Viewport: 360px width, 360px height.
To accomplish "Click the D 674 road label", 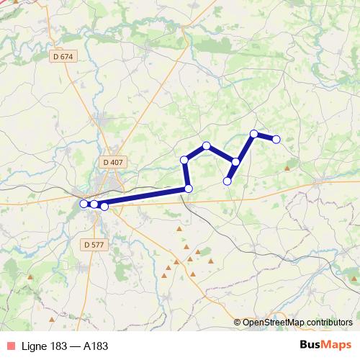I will pos(63,56).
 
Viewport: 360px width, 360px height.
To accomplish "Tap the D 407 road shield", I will pos(113,162).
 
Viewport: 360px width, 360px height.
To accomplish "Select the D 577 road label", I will pos(93,245).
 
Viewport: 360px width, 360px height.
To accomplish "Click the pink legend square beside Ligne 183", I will pos(9,346).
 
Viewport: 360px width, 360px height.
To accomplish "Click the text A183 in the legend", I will pos(94,346).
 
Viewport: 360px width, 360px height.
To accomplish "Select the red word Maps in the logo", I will pos(338,345).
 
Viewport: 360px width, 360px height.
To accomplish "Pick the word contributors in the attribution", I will pos(328,323).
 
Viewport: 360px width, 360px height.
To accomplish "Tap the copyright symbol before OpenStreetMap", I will pos(238,323).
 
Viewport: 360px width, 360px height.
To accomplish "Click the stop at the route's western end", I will pos(84,204).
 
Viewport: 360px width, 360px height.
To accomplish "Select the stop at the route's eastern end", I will pos(276,139).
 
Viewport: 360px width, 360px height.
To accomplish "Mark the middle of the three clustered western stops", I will pos(94,205).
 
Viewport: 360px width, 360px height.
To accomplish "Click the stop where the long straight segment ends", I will pos(189,189).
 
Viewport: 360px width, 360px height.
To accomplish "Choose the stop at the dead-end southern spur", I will pos(228,181).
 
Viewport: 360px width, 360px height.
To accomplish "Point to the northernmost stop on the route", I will pos(253,133).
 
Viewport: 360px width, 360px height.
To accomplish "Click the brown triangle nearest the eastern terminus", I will pos(287,168).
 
